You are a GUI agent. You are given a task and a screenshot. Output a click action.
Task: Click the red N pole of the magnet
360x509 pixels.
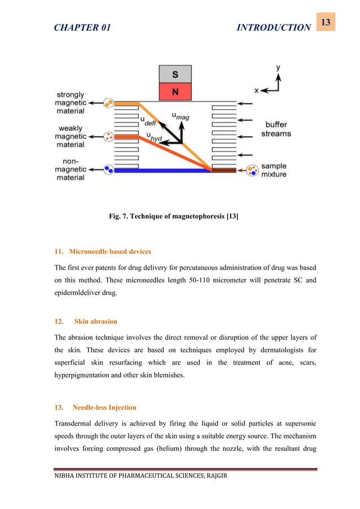(175, 91)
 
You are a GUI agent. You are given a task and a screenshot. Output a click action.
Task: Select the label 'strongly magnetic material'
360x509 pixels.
(71, 103)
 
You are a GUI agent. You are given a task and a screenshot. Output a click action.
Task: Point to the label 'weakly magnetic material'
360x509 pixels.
(71, 136)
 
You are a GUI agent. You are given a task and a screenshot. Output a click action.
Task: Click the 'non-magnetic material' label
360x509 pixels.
(71, 169)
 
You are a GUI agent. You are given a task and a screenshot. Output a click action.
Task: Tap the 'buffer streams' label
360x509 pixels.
(276, 129)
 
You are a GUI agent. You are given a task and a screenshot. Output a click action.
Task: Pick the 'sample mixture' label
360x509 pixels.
(274, 170)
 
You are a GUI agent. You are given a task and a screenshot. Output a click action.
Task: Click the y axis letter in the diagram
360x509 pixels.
(278, 68)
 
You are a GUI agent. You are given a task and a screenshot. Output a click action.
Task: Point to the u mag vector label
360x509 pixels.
(180, 117)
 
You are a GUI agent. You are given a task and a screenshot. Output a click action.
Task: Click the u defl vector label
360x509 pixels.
(148, 120)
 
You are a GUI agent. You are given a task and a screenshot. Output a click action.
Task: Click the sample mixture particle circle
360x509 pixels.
(253, 169)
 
